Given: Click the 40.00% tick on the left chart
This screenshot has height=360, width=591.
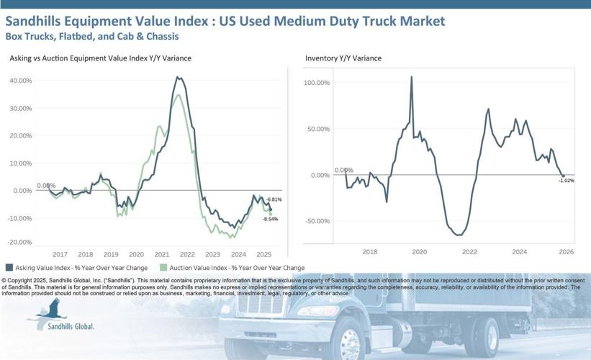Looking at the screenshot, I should (20, 81).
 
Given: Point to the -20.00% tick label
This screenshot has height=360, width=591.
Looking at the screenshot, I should (20, 243).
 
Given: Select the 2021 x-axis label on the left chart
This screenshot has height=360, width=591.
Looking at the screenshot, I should (161, 254).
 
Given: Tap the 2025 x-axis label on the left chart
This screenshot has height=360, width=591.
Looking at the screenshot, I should (263, 254).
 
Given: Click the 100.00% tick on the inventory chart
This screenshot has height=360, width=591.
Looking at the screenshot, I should (317, 83).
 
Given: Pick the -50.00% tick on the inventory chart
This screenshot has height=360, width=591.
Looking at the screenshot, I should (317, 221).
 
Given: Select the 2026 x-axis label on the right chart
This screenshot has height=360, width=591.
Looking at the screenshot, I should (566, 251).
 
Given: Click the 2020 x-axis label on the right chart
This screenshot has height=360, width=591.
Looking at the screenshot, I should (419, 251).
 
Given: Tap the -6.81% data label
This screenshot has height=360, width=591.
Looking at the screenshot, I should (274, 199).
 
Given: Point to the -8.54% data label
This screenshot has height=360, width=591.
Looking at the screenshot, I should (270, 219).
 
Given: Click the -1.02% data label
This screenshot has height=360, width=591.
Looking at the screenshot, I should (566, 181).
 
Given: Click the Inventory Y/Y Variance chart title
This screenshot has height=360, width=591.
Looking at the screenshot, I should (343, 58).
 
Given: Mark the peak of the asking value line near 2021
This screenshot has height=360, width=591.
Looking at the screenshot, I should (178, 77).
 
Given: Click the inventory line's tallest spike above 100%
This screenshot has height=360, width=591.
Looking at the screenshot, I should (412, 76).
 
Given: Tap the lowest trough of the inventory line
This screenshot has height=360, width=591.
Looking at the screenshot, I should (458, 235).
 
